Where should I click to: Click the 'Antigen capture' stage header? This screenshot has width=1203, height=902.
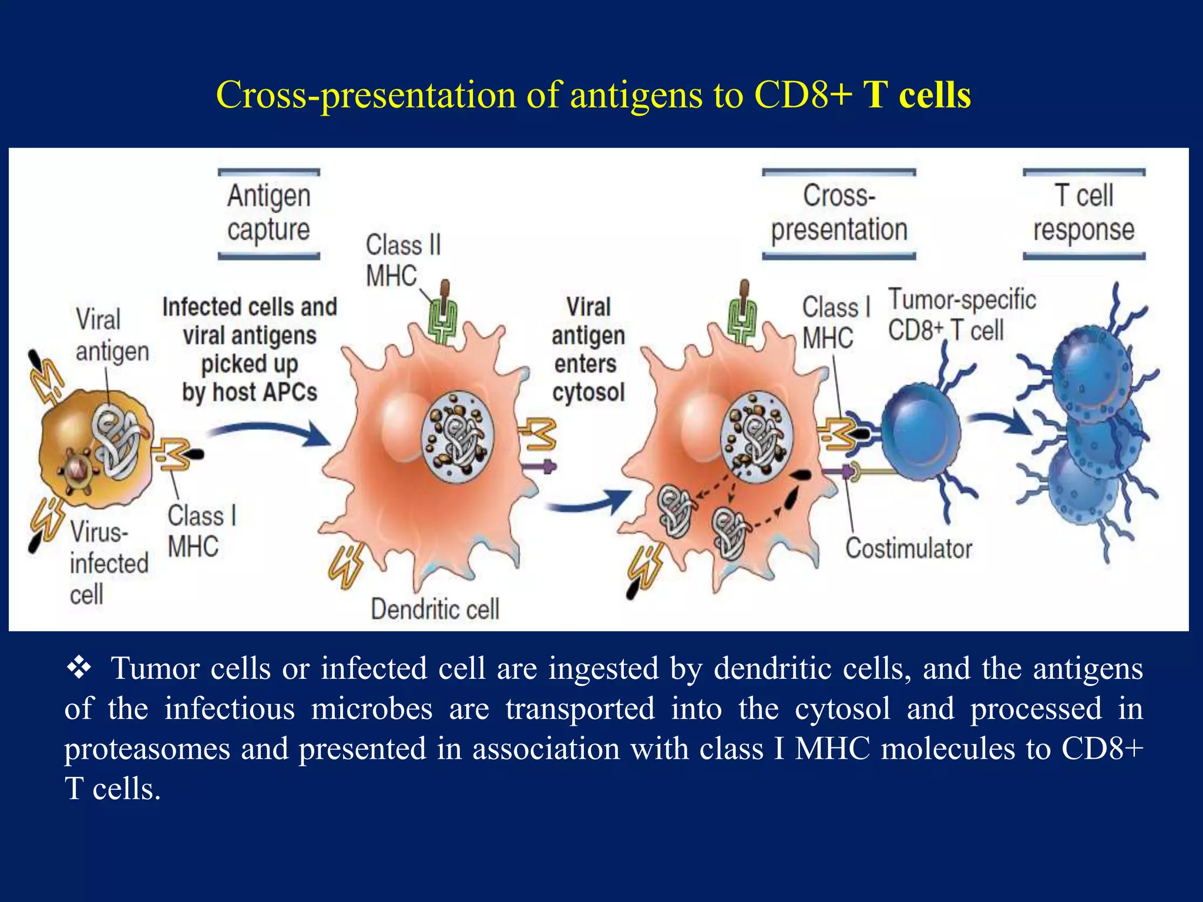point(269,213)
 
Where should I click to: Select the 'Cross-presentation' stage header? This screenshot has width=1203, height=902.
point(839,213)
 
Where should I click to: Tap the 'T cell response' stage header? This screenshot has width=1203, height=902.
point(1084,213)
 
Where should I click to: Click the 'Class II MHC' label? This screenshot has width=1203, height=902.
point(403,260)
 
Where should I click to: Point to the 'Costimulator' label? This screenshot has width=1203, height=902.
point(909,548)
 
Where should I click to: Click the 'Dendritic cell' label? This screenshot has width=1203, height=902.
point(435,609)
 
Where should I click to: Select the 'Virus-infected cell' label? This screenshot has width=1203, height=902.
point(109,563)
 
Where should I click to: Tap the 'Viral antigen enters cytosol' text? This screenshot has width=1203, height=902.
point(588,350)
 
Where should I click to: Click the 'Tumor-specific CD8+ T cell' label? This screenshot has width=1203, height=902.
point(962,315)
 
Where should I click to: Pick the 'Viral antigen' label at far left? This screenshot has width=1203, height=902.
point(112,336)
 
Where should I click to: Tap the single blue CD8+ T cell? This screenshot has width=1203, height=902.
point(920,430)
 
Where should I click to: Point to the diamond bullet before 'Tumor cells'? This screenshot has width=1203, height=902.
point(79,668)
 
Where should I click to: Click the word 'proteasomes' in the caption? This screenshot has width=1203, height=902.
point(147,749)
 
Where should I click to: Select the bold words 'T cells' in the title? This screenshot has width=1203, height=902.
point(916,95)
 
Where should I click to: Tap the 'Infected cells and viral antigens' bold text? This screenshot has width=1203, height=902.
point(250,321)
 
